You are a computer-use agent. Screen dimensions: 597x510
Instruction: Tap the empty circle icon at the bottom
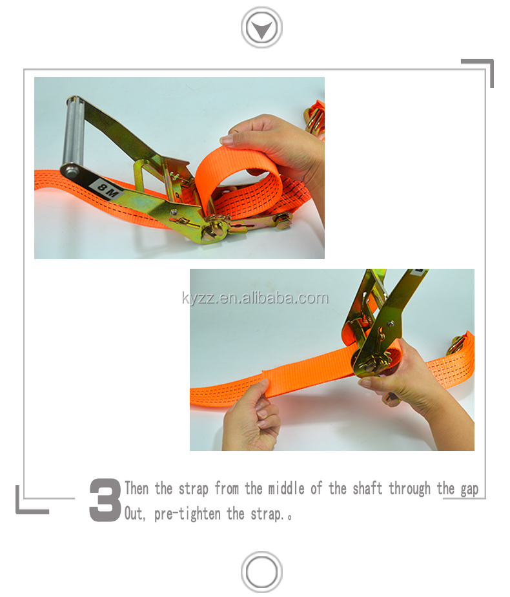[261, 572]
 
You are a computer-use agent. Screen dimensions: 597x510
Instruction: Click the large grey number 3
[105, 500]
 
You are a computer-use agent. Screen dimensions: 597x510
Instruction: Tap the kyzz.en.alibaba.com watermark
[254, 298]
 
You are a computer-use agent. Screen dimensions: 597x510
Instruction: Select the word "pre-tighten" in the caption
[190, 514]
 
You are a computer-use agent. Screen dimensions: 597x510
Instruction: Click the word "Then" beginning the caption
[136, 488]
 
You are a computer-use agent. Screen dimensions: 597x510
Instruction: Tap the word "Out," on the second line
[136, 514]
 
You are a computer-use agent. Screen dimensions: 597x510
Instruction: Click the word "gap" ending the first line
[469, 488]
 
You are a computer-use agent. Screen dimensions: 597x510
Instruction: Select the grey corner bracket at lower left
[29, 504]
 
